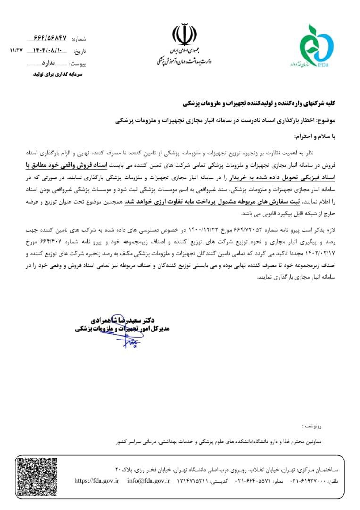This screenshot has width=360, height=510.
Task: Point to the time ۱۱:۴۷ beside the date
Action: click(17, 49)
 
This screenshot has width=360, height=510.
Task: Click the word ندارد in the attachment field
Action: click(50, 63)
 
